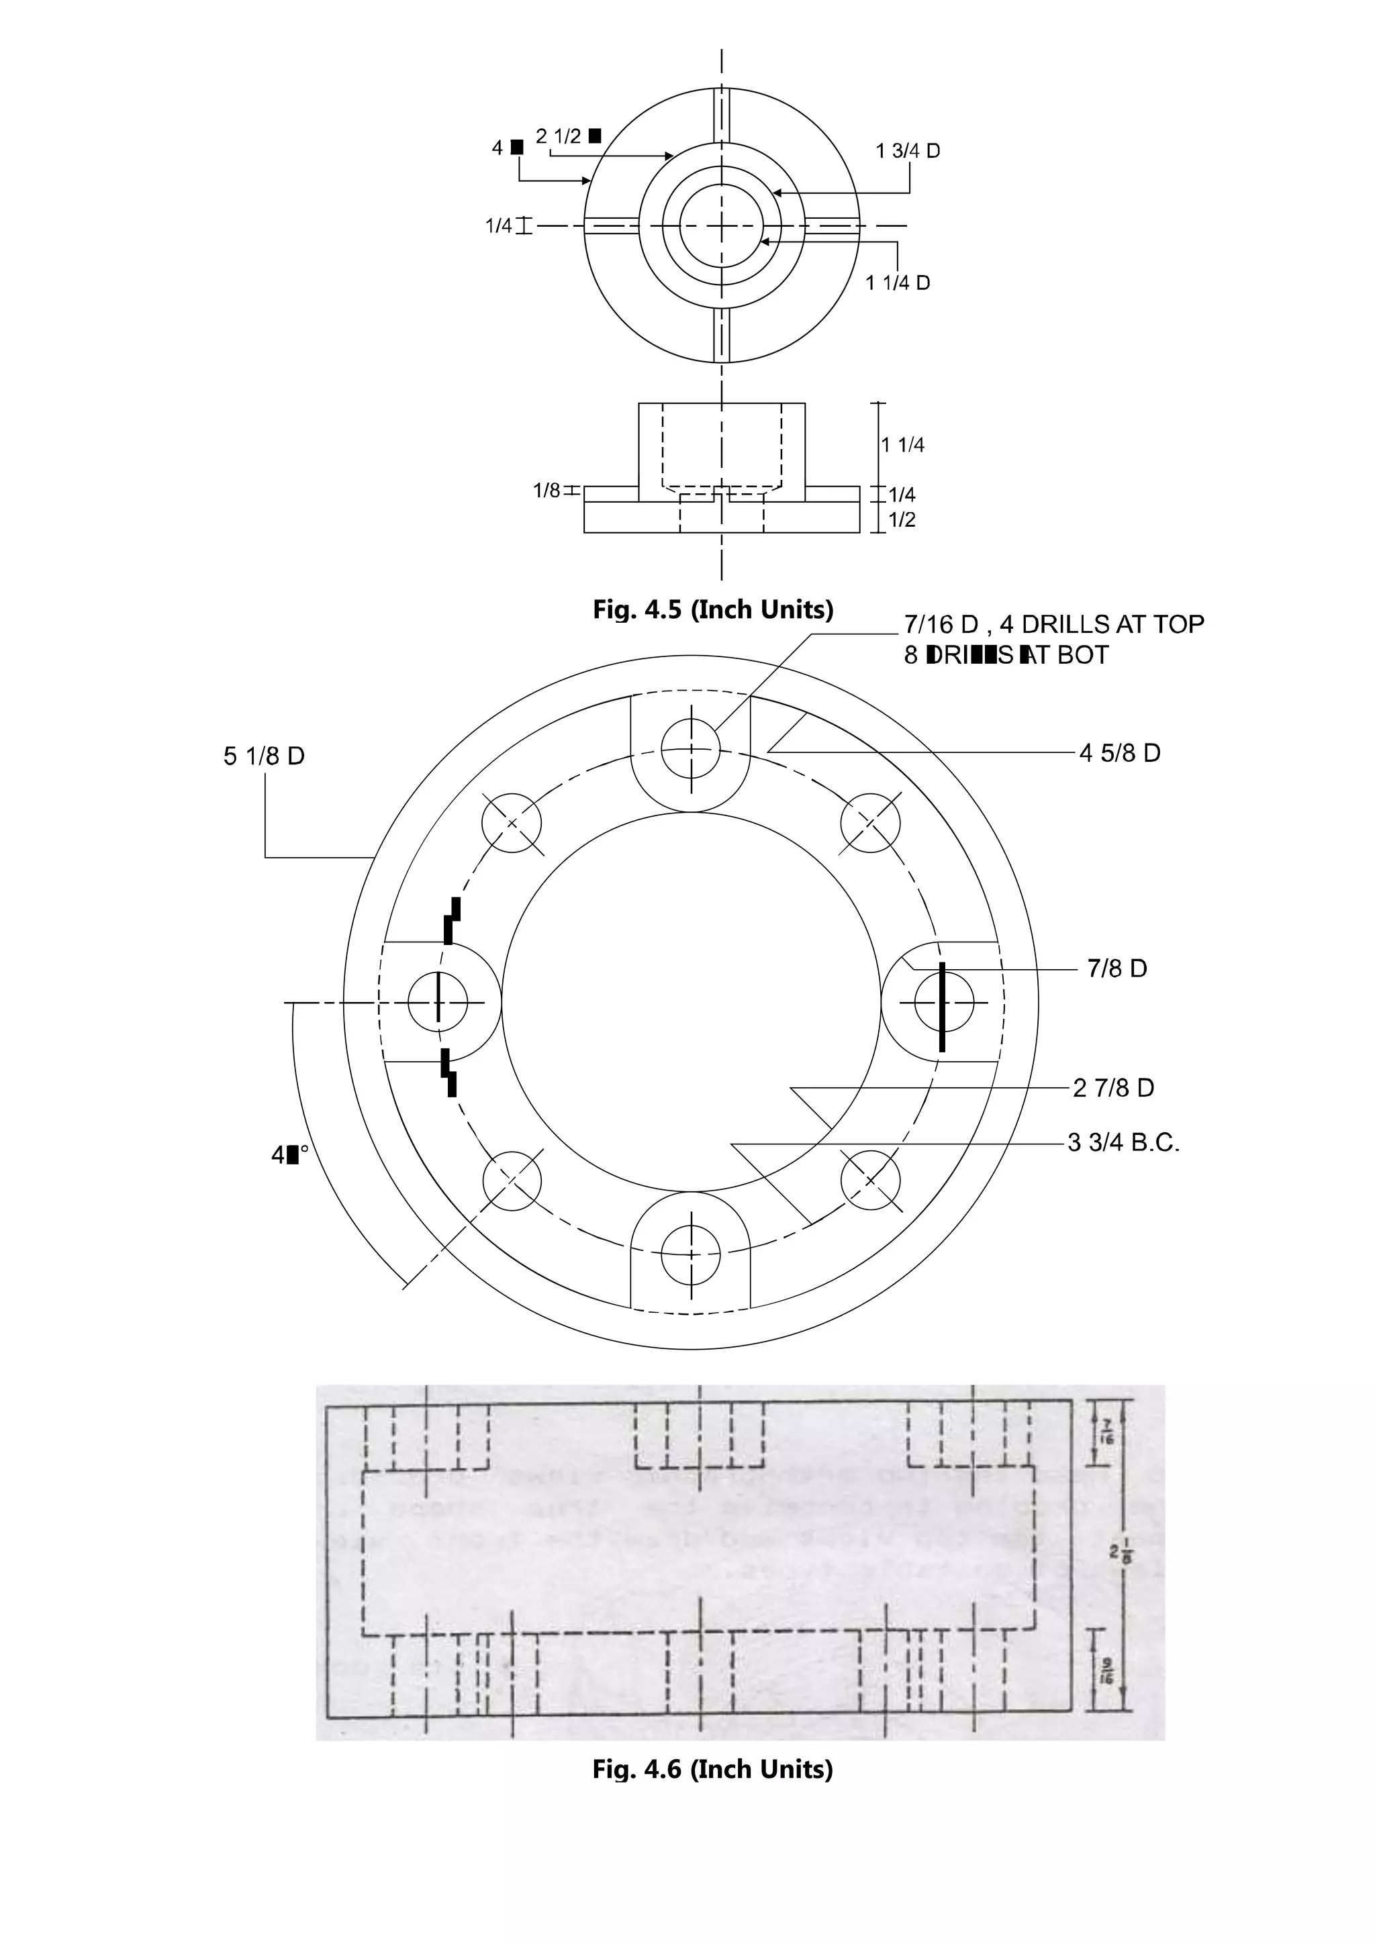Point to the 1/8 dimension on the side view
547,491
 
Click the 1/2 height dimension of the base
902,520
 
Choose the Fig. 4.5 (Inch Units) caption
712,610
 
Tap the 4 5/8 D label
1119,753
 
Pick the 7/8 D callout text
1117,968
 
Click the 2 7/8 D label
1113,1088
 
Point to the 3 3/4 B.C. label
1123,1143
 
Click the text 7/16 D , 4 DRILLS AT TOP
1053,624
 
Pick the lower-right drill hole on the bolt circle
870,1180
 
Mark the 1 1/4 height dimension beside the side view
902,445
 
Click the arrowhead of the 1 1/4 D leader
763,242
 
